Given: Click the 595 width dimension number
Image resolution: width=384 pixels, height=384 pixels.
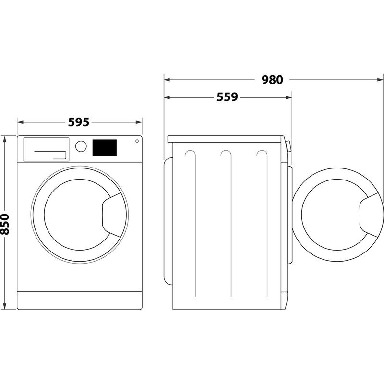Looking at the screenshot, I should (79, 122).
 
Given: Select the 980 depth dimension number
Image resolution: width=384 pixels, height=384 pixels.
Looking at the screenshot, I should (273, 80).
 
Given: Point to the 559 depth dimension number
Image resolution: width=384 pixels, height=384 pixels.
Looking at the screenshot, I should (227, 97).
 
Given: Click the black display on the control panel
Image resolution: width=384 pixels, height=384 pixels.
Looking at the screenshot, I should (105, 147).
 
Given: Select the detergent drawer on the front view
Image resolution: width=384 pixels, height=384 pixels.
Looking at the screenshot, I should (45, 149).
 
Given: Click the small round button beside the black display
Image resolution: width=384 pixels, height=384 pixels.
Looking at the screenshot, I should (137, 141).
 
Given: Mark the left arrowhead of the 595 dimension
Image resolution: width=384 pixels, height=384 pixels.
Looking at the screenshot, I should (20, 122).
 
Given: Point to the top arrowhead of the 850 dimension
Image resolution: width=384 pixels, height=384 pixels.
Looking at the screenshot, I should (5, 139).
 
